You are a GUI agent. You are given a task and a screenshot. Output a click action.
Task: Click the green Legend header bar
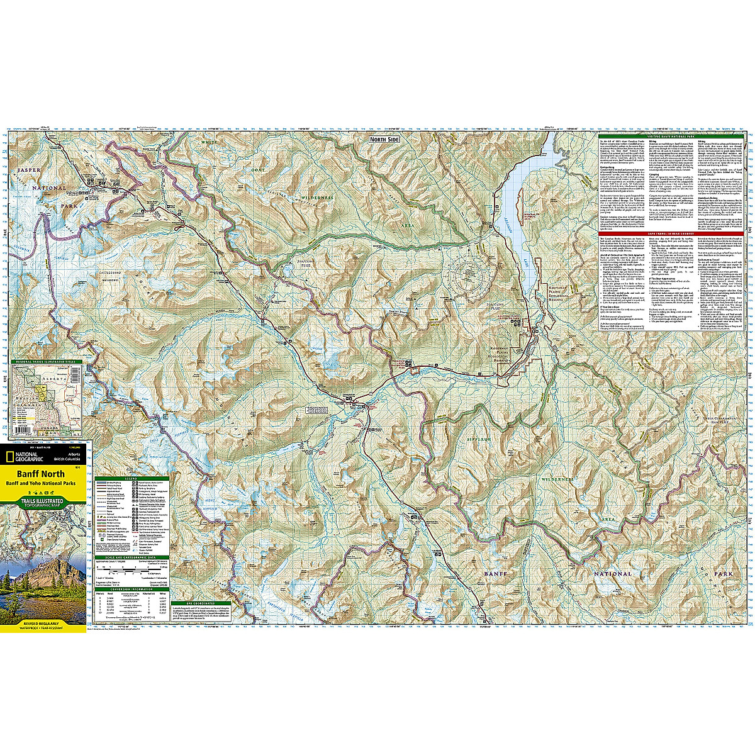[131, 479]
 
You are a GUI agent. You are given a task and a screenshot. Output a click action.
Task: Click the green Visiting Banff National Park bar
[670, 136]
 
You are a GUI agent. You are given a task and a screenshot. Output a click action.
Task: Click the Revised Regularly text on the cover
[30, 622]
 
